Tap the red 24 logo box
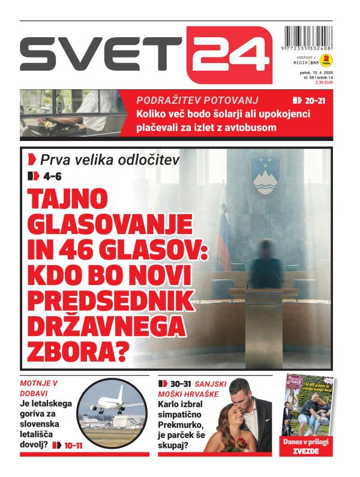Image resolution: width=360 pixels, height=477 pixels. pyautogui.click(x=229, y=55)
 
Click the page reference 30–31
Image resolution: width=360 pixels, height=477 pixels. pyautogui.click(x=184, y=383)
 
